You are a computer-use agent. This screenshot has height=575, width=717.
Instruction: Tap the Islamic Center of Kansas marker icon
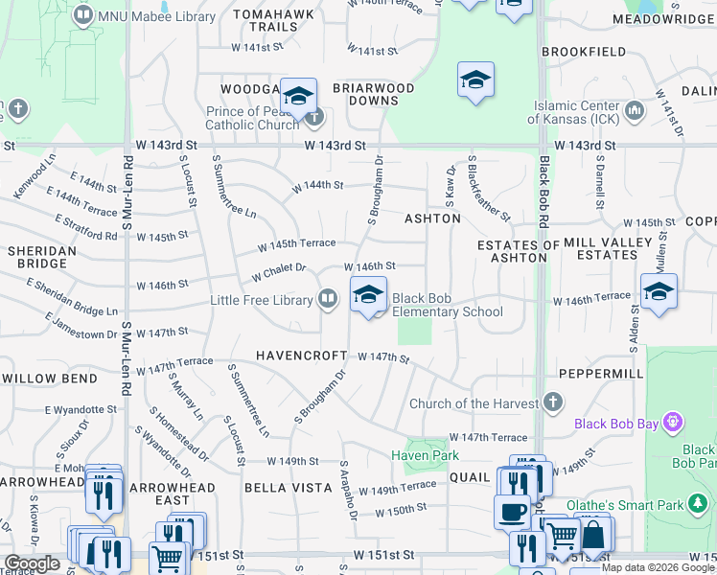pyautogui.click(x=634, y=112)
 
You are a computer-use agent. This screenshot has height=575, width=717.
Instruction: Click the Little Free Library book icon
pyautogui.click(x=328, y=300)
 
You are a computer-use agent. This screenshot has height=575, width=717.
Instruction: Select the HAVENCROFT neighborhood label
pyautogui.click(x=301, y=356)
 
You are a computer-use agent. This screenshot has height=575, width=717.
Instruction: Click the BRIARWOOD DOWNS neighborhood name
pyautogui.click(x=373, y=94)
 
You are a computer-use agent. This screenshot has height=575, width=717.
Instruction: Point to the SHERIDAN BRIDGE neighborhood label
pyautogui.click(x=41, y=257)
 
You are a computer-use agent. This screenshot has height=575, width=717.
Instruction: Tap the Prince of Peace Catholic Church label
pyautogui.click(x=253, y=119)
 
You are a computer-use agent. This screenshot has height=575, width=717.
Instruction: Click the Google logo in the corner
pyautogui.click(x=32, y=563)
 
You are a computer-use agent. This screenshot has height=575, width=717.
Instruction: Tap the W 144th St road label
pyautogui.click(x=317, y=185)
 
